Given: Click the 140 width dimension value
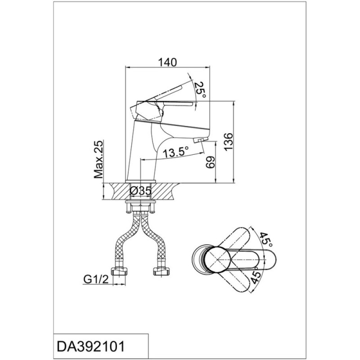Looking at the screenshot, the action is [167, 62].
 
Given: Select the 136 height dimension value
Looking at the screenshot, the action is [229, 141].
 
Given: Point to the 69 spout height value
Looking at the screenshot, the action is [210, 162].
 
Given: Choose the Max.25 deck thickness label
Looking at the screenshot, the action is [99, 159].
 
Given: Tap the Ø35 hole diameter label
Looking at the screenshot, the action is [141, 191].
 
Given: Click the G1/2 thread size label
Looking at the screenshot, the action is [96, 279].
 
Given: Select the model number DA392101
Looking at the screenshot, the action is [91, 346].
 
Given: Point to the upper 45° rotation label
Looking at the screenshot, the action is [266, 239].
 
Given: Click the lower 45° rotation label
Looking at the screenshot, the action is [256, 277].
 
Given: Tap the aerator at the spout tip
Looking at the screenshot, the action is [200, 139].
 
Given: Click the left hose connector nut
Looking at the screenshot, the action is [119, 271].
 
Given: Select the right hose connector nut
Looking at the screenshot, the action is [162, 271].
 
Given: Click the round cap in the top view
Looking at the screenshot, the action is [217, 260].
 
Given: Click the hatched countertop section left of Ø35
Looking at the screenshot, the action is [120, 191].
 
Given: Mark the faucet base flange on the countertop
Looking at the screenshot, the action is [140, 181].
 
